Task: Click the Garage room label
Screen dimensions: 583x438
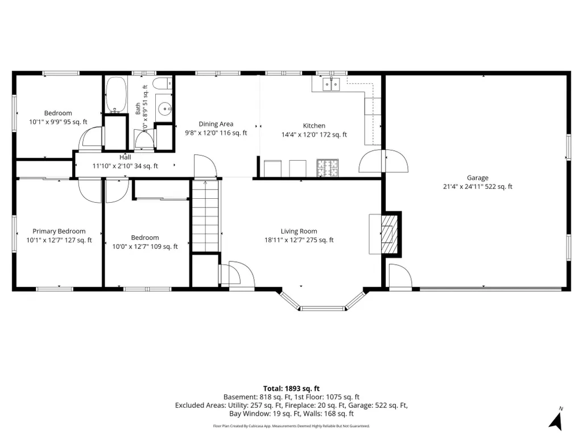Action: coord(477,178)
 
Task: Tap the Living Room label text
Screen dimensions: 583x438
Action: coord(299,231)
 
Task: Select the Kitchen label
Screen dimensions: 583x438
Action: coord(314,126)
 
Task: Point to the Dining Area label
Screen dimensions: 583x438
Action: coord(216,124)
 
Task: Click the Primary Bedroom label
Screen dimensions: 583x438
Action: coord(59,231)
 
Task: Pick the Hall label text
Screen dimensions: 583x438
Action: coord(125,157)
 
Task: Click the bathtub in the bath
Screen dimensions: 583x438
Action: coord(116,95)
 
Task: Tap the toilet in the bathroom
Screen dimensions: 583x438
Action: coord(163,83)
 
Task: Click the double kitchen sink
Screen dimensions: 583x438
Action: coord(331,84)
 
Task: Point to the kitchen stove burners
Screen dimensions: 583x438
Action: coord(328,167)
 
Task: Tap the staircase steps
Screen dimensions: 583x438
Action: coord(205,216)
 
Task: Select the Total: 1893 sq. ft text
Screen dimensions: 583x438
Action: coord(291,389)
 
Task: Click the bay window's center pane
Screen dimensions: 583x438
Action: coord(322,308)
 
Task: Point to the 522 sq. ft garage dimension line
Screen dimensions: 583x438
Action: coord(478,187)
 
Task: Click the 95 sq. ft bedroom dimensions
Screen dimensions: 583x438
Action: coord(59,122)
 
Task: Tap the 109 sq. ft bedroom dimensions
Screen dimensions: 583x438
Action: coord(145,247)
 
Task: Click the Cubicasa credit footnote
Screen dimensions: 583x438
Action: coord(291,425)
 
